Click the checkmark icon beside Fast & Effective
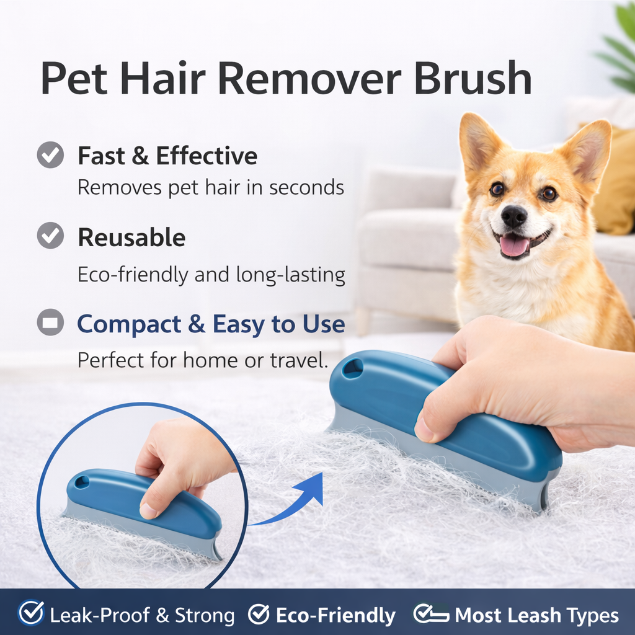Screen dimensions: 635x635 coord(50,155)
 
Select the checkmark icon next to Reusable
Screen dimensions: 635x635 coord(50,236)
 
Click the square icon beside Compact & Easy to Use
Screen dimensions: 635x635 coord(50,322)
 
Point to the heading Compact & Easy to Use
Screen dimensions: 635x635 coord(211,324)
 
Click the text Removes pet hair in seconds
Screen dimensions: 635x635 coord(211,187)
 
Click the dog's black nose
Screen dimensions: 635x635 coord(514,216)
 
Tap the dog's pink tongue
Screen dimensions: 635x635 coord(513,246)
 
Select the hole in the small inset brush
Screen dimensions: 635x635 coord(82,481)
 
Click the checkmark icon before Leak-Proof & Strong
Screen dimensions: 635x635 coord(31,614)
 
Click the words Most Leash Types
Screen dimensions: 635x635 coord(536,615)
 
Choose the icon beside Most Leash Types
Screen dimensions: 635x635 coord(432,614)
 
